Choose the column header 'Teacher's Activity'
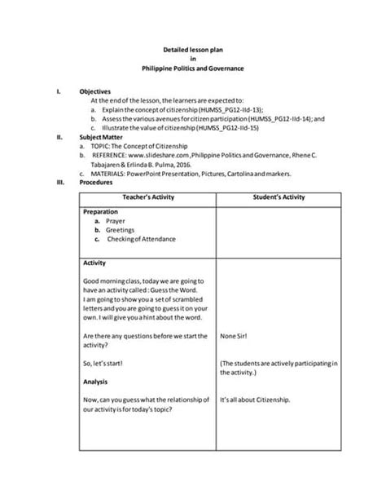(x=147, y=198)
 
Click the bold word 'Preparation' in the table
(x=102, y=211)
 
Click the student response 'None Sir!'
(x=235, y=336)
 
